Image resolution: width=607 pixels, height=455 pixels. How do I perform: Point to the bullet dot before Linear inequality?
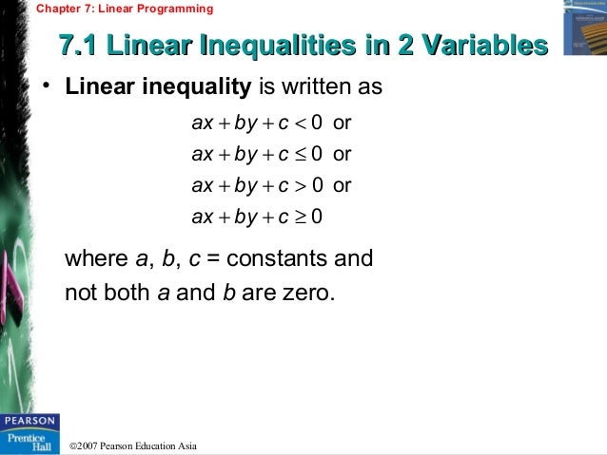pos(44,88)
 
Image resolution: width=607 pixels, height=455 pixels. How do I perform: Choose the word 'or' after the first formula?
pos(343,123)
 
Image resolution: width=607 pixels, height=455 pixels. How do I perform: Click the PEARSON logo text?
pos(29,419)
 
